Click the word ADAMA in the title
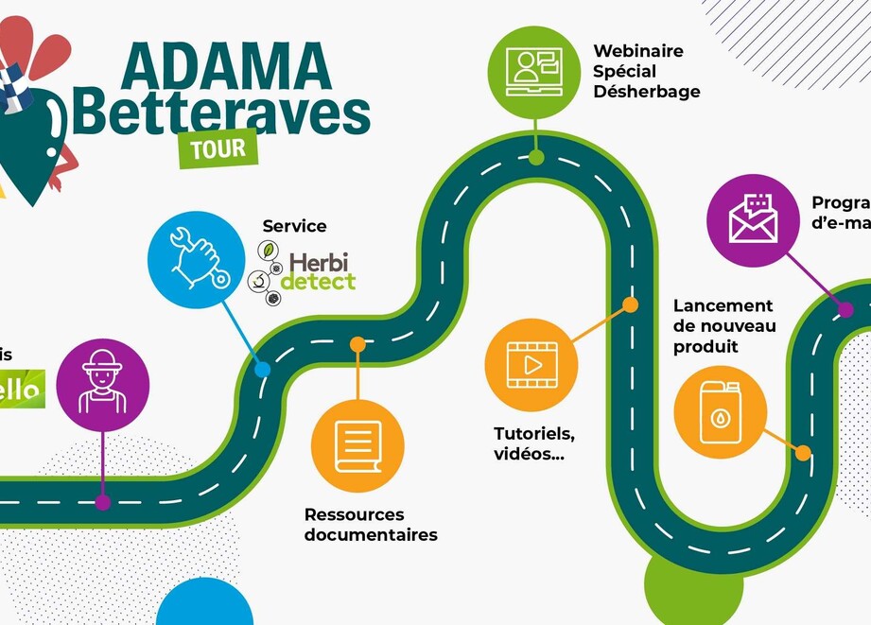pos(227,66)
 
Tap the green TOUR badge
pos(218,148)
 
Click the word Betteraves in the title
pos(220,112)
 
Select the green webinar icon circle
pos(535,72)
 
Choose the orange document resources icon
pos(357,445)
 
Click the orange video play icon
pos(531,364)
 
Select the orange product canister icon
pos(720,411)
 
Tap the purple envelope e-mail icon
pos(754,219)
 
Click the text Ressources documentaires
pos(370,525)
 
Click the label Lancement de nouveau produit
pos(724,326)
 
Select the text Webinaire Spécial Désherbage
pos(647,71)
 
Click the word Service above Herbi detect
pos(294,226)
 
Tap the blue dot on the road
pos(262,370)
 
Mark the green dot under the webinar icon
pos(536,157)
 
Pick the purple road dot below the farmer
pos(103,502)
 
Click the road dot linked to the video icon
pos(630,304)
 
